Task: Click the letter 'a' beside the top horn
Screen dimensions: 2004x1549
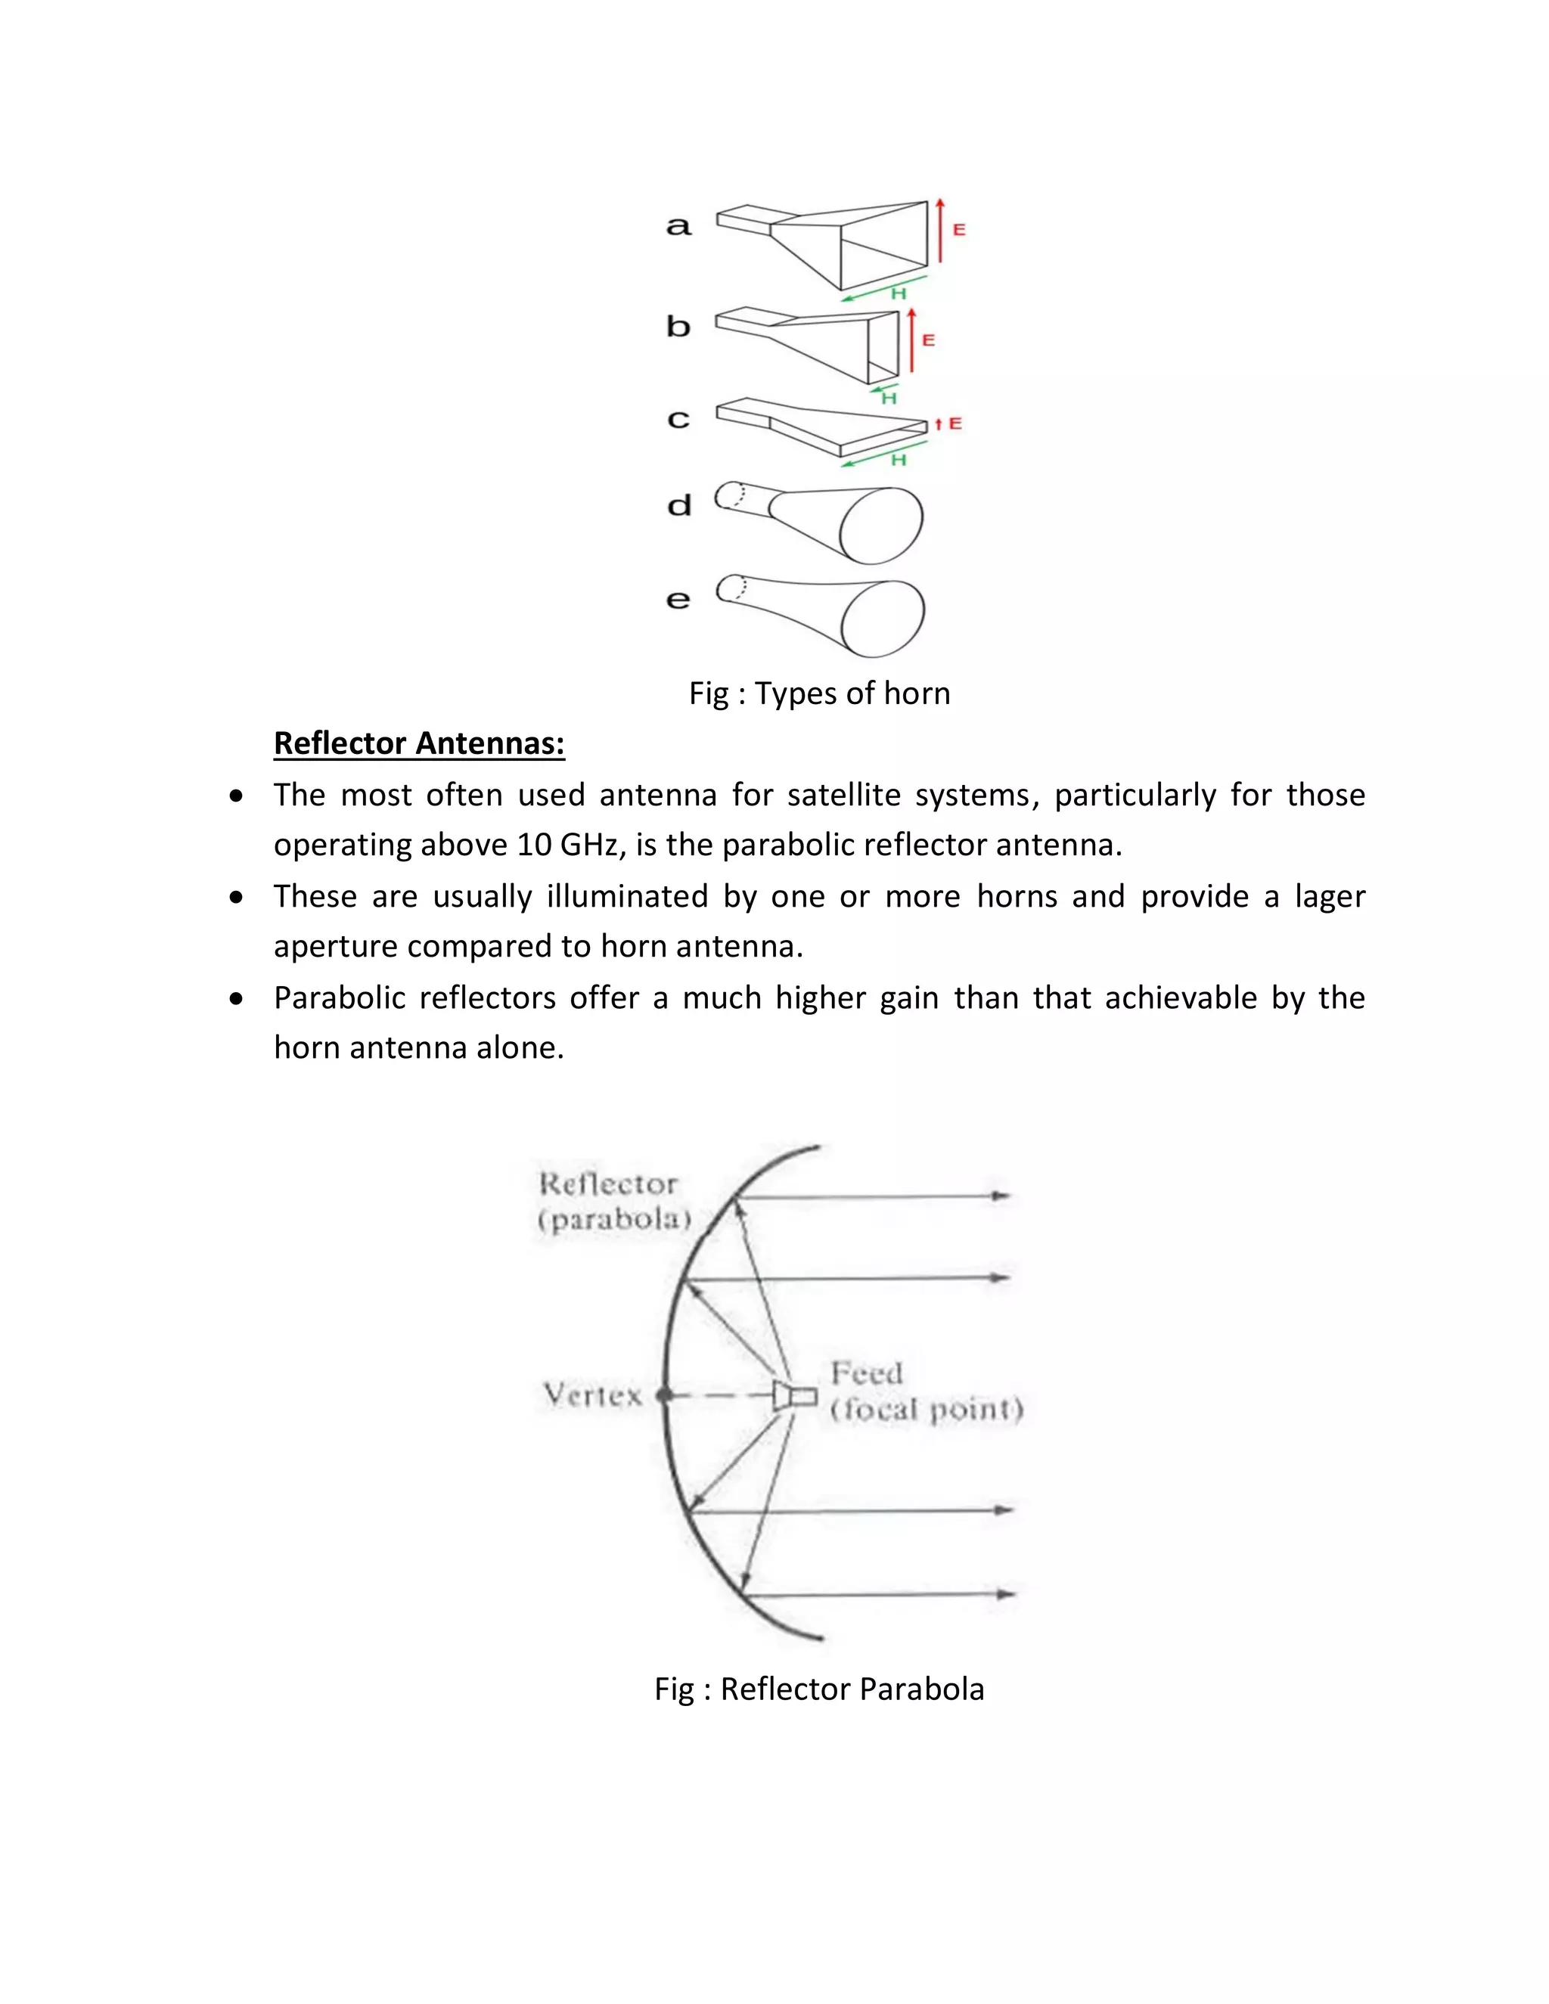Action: (678, 225)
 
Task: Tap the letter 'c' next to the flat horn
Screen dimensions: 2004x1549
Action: (678, 420)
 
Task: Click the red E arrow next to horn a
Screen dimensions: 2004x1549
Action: (939, 231)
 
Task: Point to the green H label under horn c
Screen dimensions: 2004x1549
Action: (899, 460)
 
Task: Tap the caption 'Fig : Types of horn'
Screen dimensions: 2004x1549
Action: (819, 693)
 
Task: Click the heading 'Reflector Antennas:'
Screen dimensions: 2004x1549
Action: (418, 743)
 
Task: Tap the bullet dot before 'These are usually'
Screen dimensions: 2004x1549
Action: (237, 898)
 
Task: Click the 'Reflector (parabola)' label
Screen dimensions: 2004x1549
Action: (613, 1201)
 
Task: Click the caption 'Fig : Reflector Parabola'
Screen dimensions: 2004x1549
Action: (818, 1689)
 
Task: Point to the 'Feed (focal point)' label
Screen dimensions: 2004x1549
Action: (925, 1391)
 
